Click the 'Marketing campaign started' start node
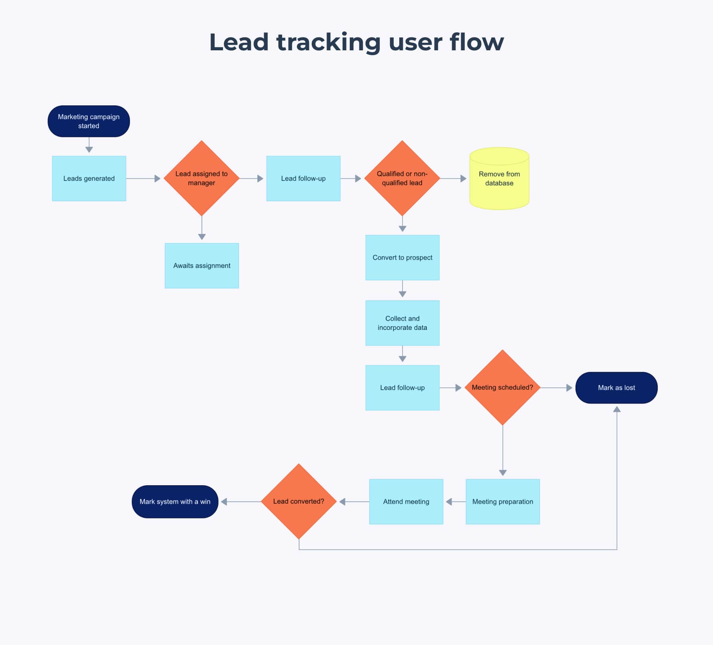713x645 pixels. tap(89, 121)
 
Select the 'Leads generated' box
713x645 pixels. tap(89, 179)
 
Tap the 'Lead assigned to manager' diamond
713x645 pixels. tap(201, 178)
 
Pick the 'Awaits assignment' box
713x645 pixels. tap(202, 266)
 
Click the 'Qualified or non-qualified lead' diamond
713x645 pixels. tap(402, 178)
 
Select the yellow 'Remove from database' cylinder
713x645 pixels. tap(499, 179)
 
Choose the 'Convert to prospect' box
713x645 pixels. tap(402, 258)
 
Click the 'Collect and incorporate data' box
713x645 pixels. tap(402, 323)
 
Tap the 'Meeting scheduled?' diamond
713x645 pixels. tap(502, 387)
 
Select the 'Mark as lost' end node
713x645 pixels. tap(616, 388)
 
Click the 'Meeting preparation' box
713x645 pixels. tap(503, 502)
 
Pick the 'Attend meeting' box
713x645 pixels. tap(406, 502)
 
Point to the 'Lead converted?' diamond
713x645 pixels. tap(299, 501)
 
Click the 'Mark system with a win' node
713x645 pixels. tap(175, 502)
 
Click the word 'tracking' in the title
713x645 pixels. tap(328, 42)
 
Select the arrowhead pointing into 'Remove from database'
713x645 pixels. tap(463, 179)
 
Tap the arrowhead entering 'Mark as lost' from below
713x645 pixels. tap(617, 409)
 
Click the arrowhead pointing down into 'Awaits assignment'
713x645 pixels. tap(202, 237)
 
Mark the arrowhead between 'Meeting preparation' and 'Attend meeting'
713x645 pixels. tap(449, 502)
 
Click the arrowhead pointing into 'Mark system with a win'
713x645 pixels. tap(224, 502)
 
